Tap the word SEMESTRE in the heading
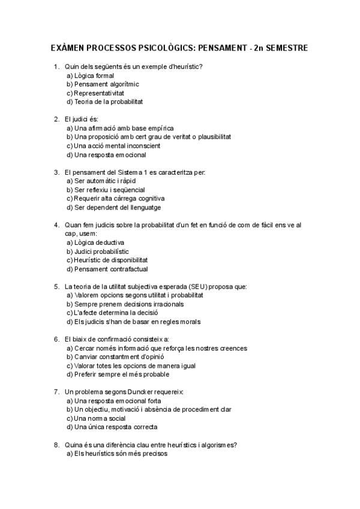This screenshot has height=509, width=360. click(x=284, y=47)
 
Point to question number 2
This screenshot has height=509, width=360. click(x=56, y=119)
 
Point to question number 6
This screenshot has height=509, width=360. click(x=56, y=339)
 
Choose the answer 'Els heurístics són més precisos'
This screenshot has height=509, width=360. click(x=116, y=454)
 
